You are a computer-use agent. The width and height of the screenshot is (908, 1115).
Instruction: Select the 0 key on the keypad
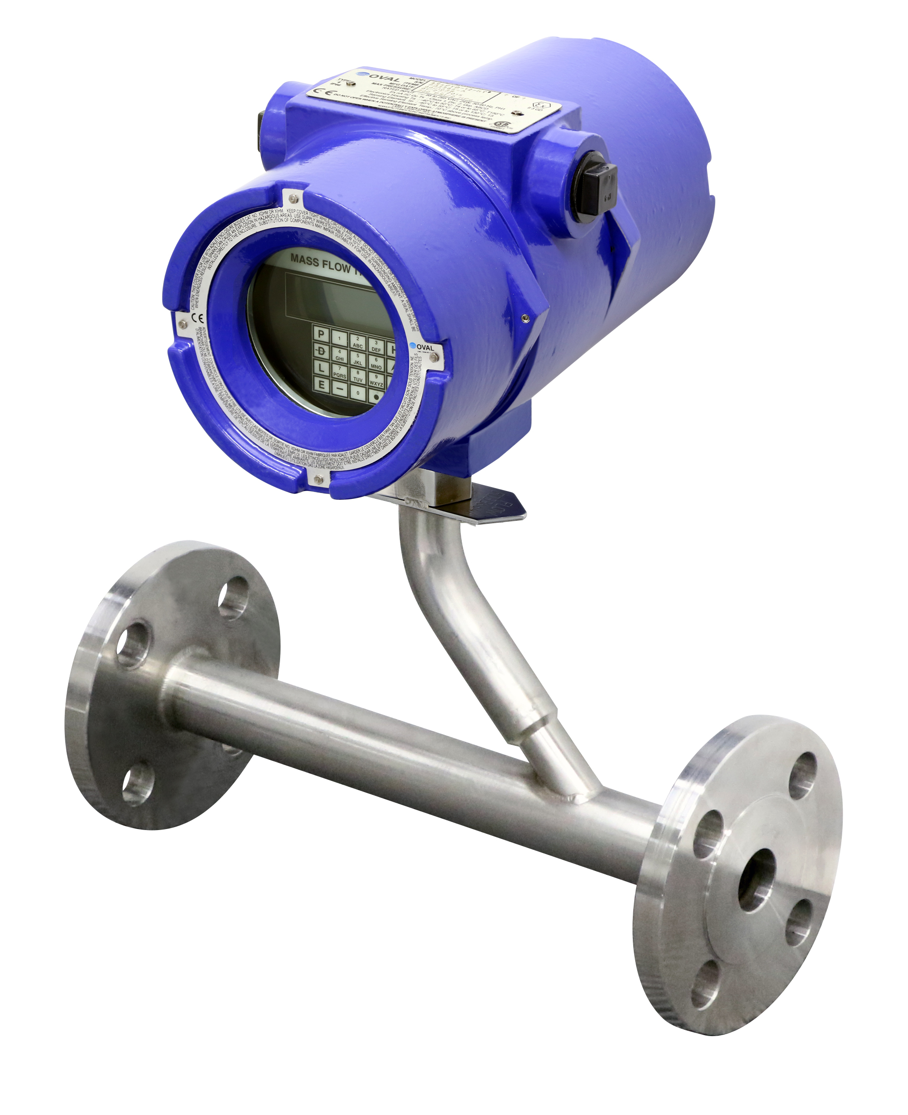358,392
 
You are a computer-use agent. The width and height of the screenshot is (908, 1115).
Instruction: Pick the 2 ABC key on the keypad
358,342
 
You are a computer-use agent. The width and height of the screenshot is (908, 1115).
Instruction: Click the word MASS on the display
305,260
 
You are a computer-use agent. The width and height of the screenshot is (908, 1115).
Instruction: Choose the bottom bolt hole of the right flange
704,984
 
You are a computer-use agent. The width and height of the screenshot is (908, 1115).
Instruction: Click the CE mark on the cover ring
198,318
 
